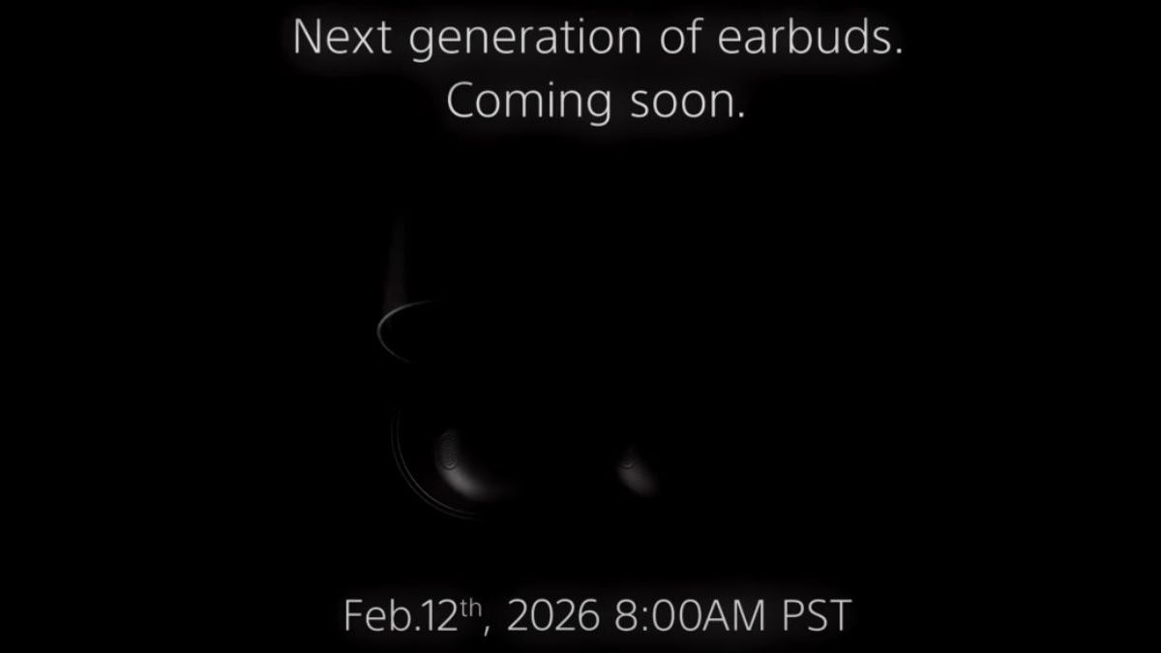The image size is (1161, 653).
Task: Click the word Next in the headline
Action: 342,37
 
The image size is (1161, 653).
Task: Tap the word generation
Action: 525,41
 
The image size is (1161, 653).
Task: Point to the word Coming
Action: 529,103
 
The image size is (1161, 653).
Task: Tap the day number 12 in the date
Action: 439,615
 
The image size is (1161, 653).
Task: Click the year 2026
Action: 553,615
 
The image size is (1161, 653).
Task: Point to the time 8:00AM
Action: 690,615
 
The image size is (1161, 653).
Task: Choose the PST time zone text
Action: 817,615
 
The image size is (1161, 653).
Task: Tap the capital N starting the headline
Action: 308,37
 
